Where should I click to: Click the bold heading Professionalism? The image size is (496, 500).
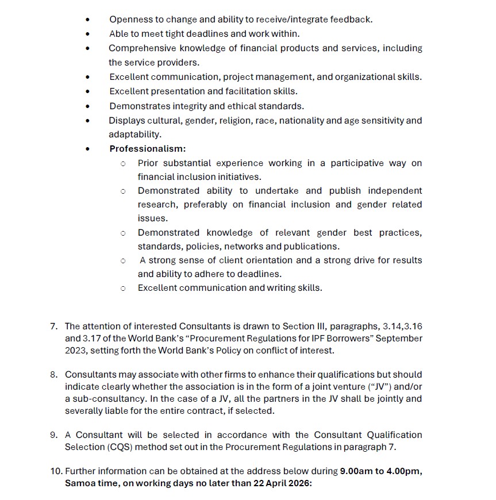[147, 149]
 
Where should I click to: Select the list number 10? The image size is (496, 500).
[55, 471]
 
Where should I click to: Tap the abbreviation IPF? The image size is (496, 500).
[326, 339]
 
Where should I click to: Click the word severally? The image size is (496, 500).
[83, 411]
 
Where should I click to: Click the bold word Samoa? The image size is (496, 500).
[79, 483]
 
